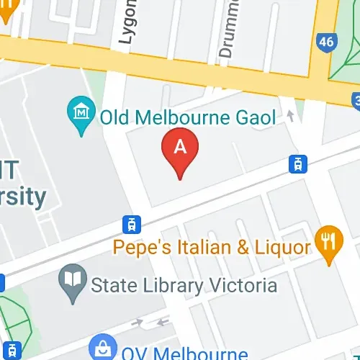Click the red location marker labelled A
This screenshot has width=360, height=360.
181,148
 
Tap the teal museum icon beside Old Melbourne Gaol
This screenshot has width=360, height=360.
81,112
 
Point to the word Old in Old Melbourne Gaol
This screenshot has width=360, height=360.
115,117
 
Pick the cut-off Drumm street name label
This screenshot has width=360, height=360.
227,32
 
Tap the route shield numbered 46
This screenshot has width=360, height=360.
326,42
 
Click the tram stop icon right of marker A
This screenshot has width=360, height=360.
295,164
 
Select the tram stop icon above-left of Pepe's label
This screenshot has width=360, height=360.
131,224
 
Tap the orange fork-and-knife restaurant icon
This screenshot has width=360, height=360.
330,242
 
